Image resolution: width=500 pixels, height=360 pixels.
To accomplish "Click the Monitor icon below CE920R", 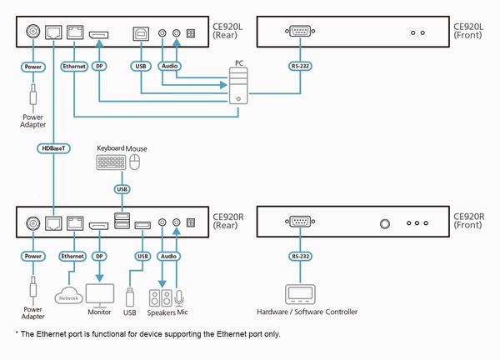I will (x=100, y=294).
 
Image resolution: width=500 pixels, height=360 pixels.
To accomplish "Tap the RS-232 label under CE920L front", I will (x=298, y=64).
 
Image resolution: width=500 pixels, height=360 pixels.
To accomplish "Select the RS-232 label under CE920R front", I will (x=298, y=257).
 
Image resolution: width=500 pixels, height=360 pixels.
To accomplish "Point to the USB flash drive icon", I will (x=129, y=296).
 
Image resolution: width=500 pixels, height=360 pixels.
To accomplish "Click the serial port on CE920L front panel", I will (x=298, y=32).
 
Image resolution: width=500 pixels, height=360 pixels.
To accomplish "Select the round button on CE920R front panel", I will (x=385, y=223).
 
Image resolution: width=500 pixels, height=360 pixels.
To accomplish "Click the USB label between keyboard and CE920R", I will (x=123, y=188).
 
